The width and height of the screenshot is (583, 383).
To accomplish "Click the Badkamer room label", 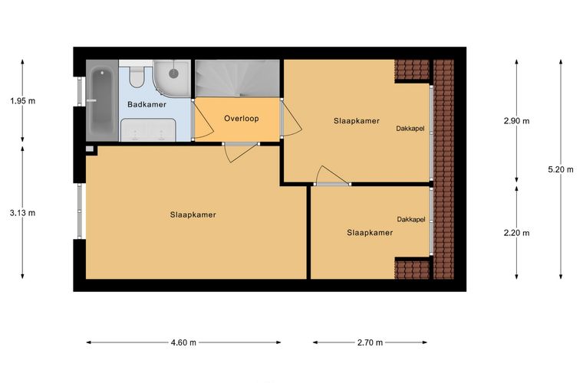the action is [147, 104].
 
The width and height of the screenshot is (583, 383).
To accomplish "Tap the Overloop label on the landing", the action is [242, 119].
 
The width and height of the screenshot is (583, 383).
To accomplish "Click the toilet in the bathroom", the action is [137, 75].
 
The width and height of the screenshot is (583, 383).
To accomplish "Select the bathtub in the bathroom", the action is [101, 100].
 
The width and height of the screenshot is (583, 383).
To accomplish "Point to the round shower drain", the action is [173, 74].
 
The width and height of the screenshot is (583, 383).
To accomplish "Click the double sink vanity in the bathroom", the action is [148, 130].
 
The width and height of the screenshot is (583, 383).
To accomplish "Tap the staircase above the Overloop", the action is [238, 78].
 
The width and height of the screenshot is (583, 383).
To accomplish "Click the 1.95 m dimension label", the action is [23, 100].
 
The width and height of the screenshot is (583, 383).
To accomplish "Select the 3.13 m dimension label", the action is [23, 213].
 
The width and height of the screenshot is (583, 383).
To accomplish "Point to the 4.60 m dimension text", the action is [183, 342].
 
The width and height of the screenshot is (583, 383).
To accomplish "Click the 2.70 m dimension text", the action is [370, 342].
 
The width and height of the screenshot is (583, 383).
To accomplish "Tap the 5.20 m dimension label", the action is [561, 169].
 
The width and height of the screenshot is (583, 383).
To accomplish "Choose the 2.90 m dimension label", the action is [516, 120].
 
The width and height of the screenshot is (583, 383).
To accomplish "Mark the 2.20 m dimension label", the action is [516, 233].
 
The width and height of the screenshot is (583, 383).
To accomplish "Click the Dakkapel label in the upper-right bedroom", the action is [410, 129].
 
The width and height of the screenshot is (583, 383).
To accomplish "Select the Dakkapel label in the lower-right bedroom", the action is [411, 219].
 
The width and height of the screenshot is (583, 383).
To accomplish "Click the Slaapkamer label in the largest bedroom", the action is [193, 214].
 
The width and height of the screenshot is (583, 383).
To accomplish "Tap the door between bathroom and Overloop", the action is [203, 119].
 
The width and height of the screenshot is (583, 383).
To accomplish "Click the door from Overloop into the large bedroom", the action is [241, 152].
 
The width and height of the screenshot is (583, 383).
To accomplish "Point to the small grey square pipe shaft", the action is [90, 149].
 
